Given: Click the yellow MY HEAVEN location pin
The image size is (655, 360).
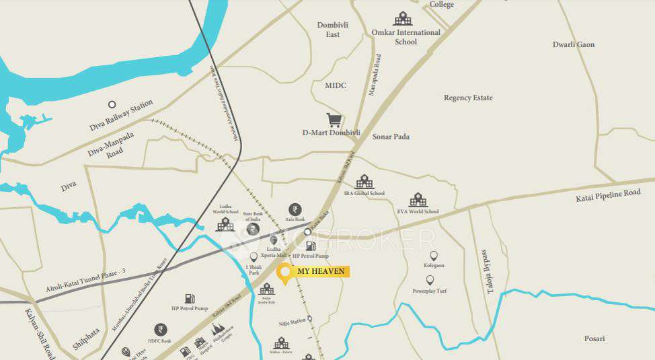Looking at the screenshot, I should [284, 273].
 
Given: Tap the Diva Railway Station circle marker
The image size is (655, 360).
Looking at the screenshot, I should [112, 104].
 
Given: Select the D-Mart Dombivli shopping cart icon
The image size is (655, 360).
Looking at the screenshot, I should [334, 120].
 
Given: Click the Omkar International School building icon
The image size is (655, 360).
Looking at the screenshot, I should [403, 18].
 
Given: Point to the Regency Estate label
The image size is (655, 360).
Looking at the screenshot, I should [468, 98].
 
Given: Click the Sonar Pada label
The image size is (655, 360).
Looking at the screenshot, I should [392, 137].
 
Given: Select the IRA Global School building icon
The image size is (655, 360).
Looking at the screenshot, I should [364, 182].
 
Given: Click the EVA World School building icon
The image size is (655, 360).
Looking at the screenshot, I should [418, 200].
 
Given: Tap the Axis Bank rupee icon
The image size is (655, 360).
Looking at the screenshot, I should [295, 209].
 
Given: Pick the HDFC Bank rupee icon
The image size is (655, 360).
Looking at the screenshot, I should [161, 329].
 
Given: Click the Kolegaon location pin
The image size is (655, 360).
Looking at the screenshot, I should [433, 256].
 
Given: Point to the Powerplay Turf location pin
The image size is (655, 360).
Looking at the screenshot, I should [430, 280].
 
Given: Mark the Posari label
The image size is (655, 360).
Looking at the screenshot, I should [594, 338].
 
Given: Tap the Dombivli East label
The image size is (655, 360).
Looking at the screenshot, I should [329, 30].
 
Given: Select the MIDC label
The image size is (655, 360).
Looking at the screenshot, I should [336, 85].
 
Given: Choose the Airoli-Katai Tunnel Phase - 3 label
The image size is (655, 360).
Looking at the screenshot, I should [86, 278].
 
